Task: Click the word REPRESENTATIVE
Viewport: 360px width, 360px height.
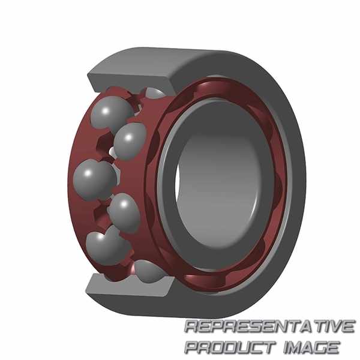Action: pos(270,326)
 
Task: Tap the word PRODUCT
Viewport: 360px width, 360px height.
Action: pos(230,347)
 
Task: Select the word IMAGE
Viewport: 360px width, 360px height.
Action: pos(311,347)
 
